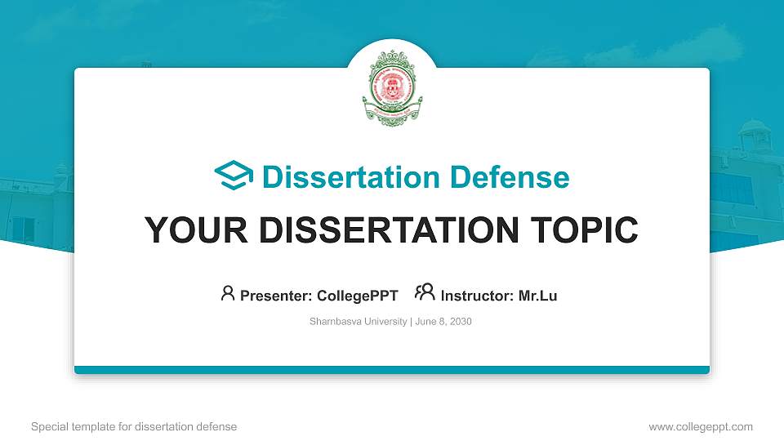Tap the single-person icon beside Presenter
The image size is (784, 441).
(x=228, y=293)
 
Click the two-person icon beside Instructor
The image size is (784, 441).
(x=425, y=293)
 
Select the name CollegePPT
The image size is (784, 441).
(x=359, y=296)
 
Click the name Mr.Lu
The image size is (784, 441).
(x=537, y=296)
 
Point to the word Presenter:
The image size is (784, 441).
(x=277, y=296)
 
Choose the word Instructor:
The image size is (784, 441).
(x=478, y=296)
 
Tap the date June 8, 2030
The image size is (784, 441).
(x=443, y=322)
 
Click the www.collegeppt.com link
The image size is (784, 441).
(x=700, y=426)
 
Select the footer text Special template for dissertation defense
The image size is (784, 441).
(x=134, y=426)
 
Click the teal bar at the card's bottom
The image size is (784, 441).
(x=392, y=370)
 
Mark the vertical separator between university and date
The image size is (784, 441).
(x=411, y=322)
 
